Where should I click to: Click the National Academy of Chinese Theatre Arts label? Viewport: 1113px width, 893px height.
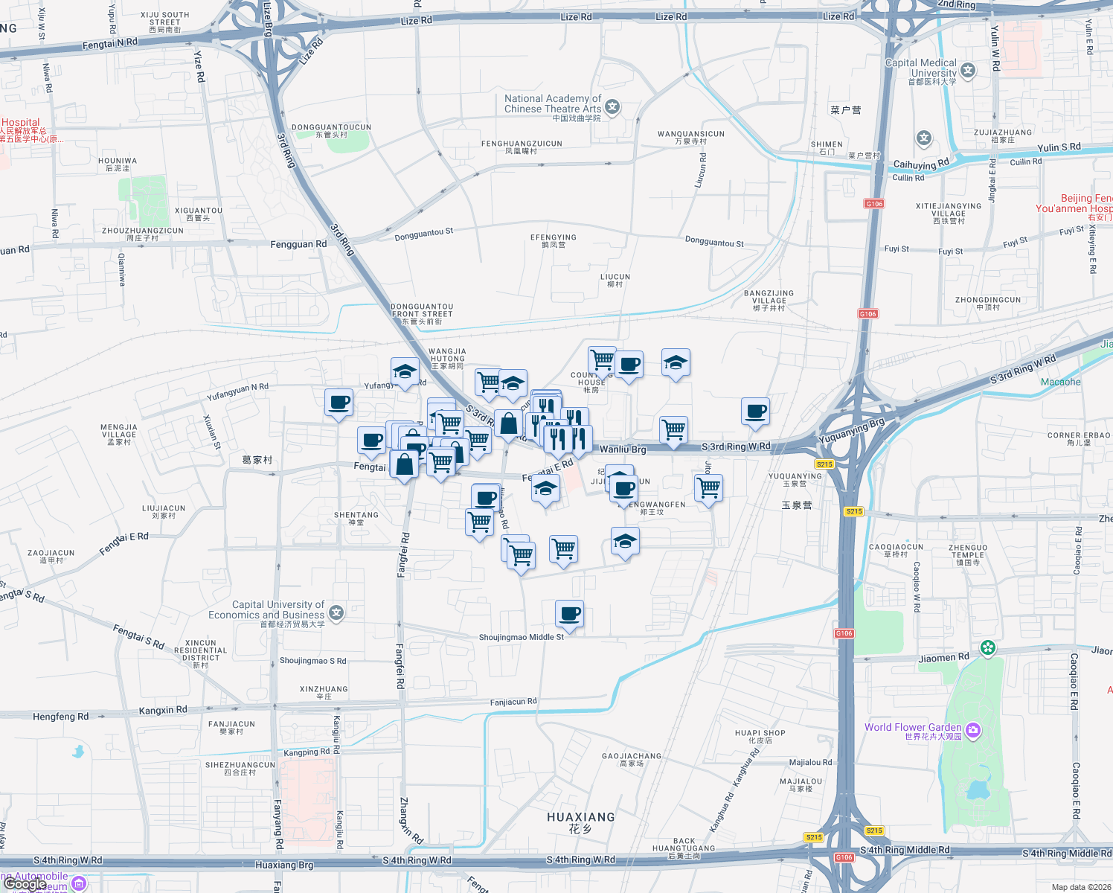pyautogui.click(x=553, y=103)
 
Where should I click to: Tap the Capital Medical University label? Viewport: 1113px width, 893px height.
pyautogui.click(x=921, y=68)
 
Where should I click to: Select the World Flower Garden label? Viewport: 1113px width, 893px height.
pyautogui.click(x=913, y=727)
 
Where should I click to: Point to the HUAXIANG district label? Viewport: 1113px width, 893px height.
pyautogui.click(x=580, y=817)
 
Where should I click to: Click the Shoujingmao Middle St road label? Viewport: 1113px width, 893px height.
pyautogui.click(x=521, y=637)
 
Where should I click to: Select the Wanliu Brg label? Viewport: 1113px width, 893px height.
pyautogui.click(x=623, y=449)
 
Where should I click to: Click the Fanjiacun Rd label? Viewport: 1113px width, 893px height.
pyautogui.click(x=513, y=702)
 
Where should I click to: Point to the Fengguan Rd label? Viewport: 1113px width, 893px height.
pyautogui.click(x=298, y=244)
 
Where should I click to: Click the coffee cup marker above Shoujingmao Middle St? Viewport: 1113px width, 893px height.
pyautogui.click(x=569, y=614)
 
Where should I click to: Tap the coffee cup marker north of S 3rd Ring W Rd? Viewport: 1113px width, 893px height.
pyautogui.click(x=755, y=411)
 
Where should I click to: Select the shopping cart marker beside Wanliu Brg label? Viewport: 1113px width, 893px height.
pyautogui.click(x=673, y=429)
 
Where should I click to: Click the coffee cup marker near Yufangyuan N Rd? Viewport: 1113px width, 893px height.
pyautogui.click(x=339, y=403)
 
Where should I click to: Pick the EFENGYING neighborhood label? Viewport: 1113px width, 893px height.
pyautogui.click(x=553, y=237)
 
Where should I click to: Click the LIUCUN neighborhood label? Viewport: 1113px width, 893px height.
pyautogui.click(x=615, y=277)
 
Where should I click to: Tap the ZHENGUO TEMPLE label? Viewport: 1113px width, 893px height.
pyautogui.click(x=968, y=551)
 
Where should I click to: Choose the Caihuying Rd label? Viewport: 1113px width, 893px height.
pyautogui.click(x=921, y=164)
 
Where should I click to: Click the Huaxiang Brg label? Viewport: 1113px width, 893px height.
pyautogui.click(x=284, y=865)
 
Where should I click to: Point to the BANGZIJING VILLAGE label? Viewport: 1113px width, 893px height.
pyautogui.click(x=769, y=297)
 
